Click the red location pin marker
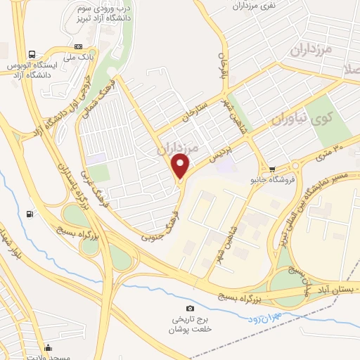coord(181,166)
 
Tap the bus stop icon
coord(32,54)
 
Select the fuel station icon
coord(29,214)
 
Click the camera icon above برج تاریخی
coord(189,309)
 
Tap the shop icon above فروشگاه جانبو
coord(272,169)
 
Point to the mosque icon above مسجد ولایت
coord(48,346)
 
